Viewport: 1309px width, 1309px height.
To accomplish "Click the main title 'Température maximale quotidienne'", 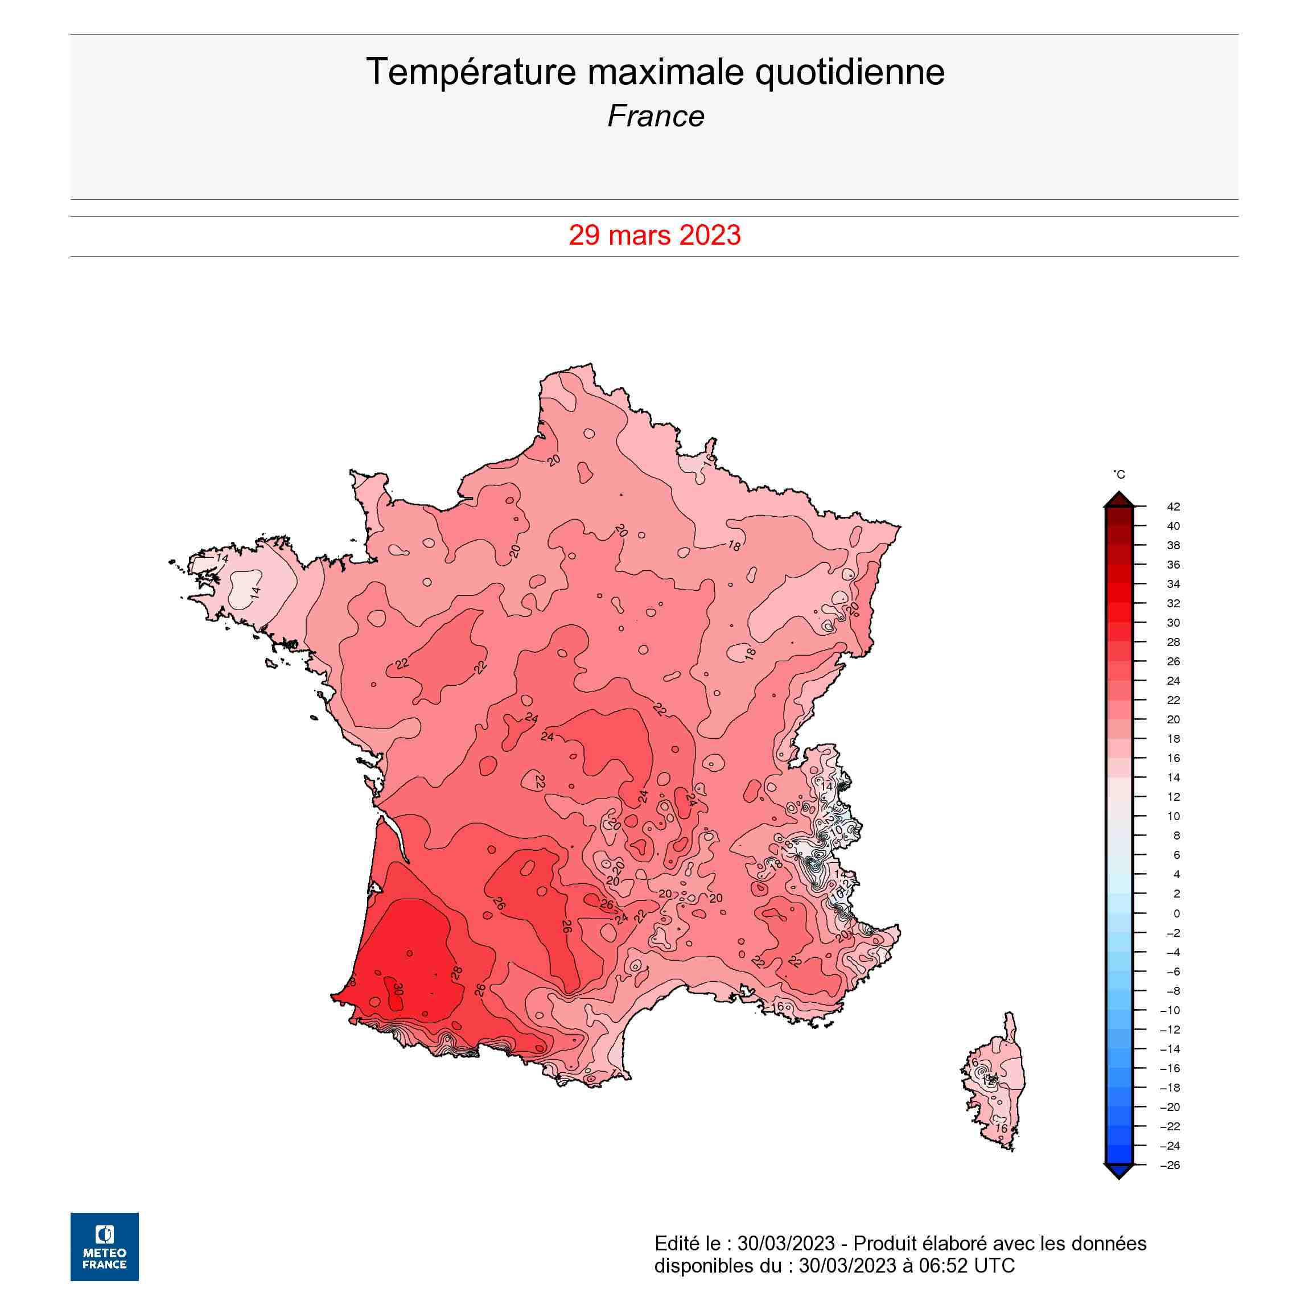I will tap(654, 72).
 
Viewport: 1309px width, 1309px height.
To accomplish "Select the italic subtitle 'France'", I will tap(655, 117).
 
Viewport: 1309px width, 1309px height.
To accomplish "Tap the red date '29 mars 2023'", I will tap(654, 235).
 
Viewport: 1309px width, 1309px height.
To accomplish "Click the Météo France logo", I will tap(104, 1246).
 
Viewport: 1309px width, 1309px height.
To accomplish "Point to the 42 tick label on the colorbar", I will tap(1174, 507).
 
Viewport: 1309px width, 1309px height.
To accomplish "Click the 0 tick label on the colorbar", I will tap(1176, 913).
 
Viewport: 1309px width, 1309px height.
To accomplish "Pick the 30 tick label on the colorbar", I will tap(1174, 623).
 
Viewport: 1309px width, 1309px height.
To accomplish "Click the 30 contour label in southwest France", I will tap(398, 990).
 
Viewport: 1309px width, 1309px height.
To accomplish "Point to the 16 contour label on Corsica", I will tap(1001, 1129).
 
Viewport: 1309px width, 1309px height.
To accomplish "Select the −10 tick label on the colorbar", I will tap(1170, 1010).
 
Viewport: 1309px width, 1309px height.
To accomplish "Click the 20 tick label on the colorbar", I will tap(1174, 719).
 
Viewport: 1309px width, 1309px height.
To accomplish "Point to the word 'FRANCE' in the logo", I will tap(104, 1264).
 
